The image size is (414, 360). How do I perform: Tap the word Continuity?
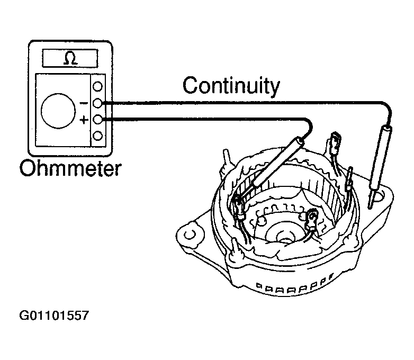tap(230, 85)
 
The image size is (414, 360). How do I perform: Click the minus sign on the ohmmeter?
tap(83, 103)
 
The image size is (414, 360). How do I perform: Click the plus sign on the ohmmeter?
tap(83, 121)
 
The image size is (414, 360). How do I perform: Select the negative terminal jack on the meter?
tap(98, 103)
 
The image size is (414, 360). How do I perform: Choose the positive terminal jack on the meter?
tap(98, 120)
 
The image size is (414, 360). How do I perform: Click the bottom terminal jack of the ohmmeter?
tap(98, 136)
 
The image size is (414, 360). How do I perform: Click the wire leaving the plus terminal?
tap(212, 120)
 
